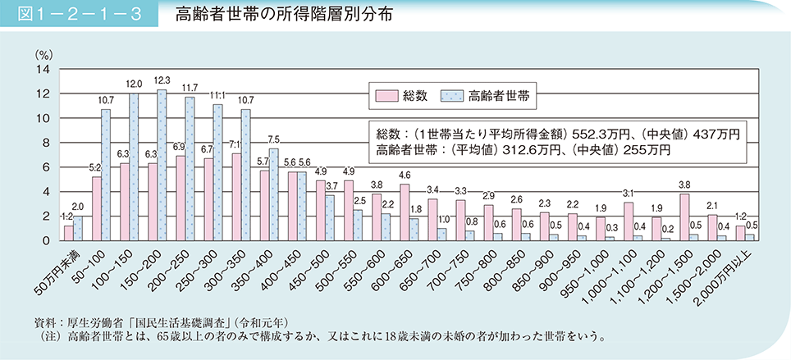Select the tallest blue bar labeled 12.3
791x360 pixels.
(x=162, y=165)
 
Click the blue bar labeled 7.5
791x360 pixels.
(x=274, y=194)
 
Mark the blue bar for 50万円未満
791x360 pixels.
(x=78, y=229)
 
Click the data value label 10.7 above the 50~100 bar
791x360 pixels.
(x=105, y=100)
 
